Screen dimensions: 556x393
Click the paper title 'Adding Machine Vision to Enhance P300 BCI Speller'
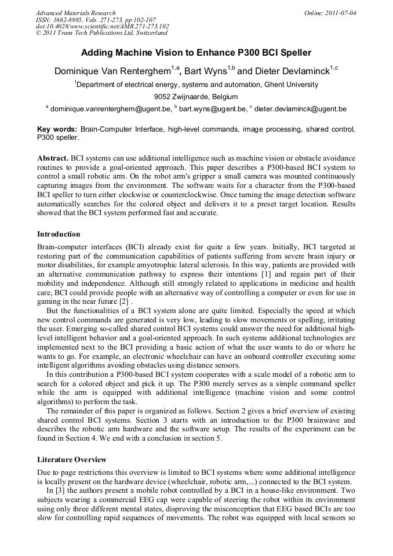pos(196,53)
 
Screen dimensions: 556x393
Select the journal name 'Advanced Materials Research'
pos(75,13)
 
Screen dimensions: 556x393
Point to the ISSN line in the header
pos(96,20)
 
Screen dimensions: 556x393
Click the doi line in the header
pos(103,27)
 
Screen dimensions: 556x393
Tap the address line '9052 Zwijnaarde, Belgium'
pos(196,96)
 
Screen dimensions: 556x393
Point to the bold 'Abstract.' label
pos(53,158)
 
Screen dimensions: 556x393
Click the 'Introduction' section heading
pos(59,234)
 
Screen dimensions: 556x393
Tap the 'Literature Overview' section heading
pos(71,460)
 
